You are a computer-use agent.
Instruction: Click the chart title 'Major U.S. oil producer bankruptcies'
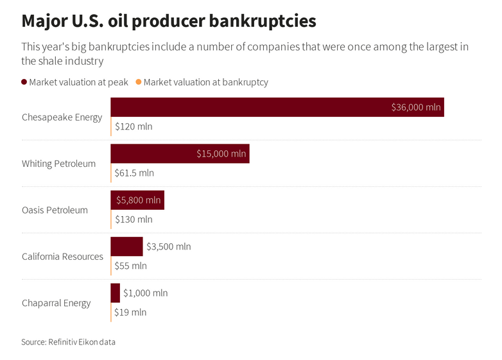pos(169,21)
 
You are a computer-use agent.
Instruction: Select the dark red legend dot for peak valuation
pos(24,82)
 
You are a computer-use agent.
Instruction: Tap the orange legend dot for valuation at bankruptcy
pos(139,82)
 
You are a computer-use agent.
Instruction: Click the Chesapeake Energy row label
pos(62,117)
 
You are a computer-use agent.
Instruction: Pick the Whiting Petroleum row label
pos(58,164)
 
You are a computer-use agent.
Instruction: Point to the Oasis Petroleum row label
pos(55,210)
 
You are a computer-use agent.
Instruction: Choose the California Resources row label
pos(62,257)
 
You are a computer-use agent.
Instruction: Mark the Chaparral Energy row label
pos(56,303)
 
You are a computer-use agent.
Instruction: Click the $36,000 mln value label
pos(416,107)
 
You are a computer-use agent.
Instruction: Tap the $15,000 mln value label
pos(221,153)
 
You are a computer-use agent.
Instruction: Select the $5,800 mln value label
pos(138,200)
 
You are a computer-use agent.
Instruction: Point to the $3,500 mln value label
pos(168,246)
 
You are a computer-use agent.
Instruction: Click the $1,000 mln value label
pos(145,293)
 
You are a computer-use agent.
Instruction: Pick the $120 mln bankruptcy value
pos(134,126)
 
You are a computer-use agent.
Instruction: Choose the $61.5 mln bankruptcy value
pos(134,173)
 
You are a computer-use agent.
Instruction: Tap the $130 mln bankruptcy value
pos(134,219)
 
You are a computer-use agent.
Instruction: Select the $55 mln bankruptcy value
pos(130,266)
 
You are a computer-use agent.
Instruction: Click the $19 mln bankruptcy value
pos(130,313)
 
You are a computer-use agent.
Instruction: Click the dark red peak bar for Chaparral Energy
pos(115,293)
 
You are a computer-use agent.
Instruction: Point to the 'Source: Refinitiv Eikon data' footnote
pos(68,342)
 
